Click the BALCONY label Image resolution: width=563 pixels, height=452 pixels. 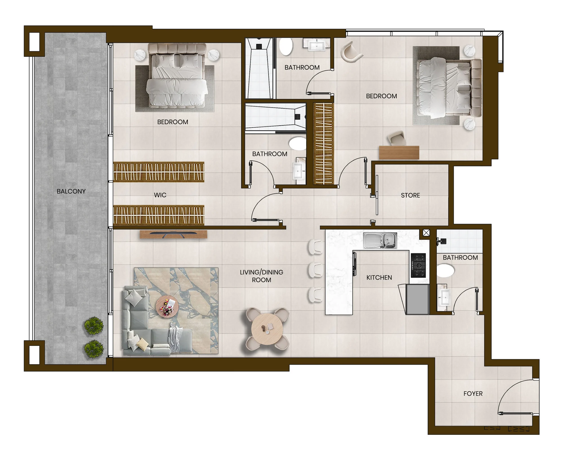pos(71,191)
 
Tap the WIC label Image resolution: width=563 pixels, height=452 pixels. pos(160,195)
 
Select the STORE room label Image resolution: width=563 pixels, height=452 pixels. pos(410,195)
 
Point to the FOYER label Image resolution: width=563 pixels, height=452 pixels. pos(473,393)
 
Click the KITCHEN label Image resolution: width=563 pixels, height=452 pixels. pos(379,278)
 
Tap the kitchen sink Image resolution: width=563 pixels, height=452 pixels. pos(380,241)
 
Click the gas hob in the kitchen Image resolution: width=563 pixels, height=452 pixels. pos(418,265)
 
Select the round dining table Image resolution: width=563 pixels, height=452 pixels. pos(267,328)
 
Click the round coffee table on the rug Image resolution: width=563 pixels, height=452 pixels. pos(167,306)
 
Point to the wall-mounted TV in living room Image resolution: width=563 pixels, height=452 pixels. pos(173,234)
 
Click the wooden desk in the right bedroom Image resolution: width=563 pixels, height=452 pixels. pos(399,153)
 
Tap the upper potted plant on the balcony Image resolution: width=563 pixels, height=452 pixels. pos(94,326)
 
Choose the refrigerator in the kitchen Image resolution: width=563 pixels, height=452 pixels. pos(417,299)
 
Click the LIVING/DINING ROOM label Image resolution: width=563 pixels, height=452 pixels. pos(262,276)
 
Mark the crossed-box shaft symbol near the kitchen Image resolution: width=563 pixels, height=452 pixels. pos(426,233)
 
